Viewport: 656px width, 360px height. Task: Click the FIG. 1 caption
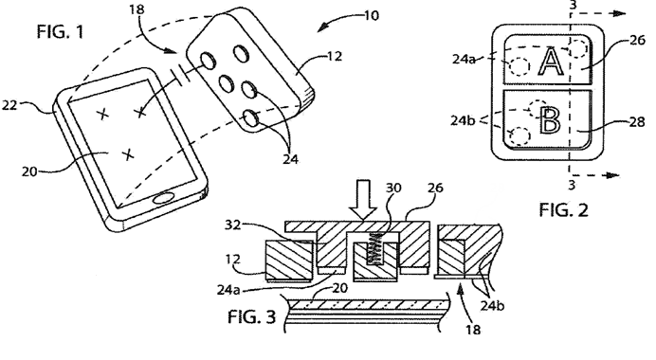point(61,32)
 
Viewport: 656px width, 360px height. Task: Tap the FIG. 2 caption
point(563,209)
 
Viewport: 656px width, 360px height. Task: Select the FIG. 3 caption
point(252,317)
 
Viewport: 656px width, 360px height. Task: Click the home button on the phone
point(164,199)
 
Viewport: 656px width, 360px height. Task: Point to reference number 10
point(372,16)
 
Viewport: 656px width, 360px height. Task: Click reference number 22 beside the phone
point(9,105)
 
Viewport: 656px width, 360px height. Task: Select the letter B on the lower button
point(550,121)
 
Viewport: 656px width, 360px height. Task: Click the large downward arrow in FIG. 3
point(362,200)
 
